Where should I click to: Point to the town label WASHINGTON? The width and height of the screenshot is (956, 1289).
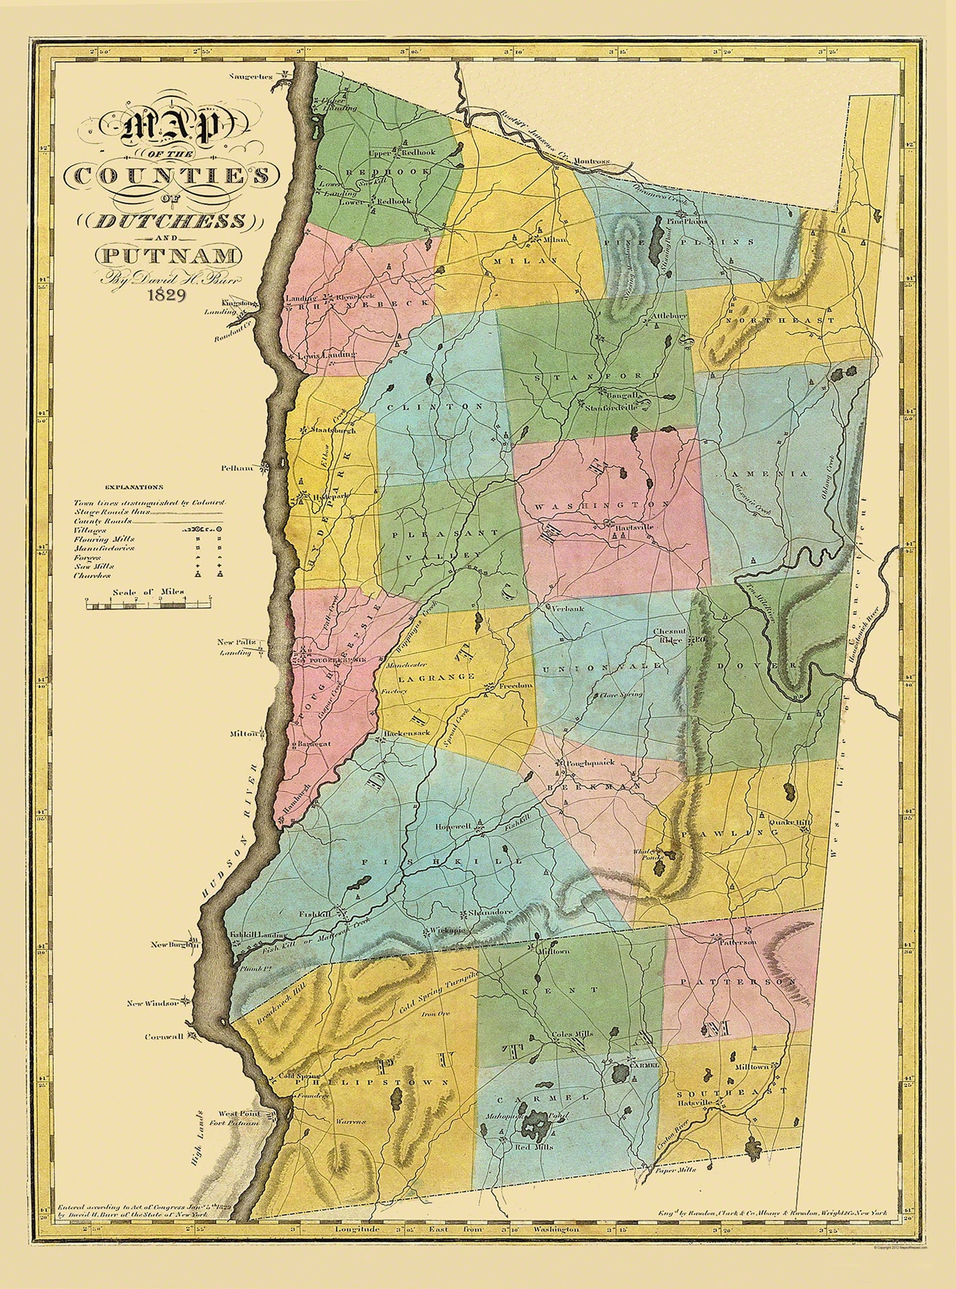602,505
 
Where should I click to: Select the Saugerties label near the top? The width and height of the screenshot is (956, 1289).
250,76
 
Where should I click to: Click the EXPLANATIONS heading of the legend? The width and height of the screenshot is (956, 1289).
134,487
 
